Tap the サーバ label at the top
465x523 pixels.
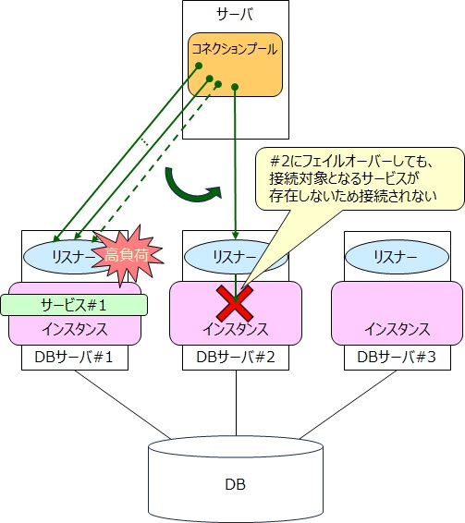tap(235, 16)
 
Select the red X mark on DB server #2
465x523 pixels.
tap(237, 302)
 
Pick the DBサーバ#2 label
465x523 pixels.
tap(237, 358)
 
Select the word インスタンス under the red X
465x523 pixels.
tap(237, 329)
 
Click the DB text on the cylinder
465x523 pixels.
tap(237, 483)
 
